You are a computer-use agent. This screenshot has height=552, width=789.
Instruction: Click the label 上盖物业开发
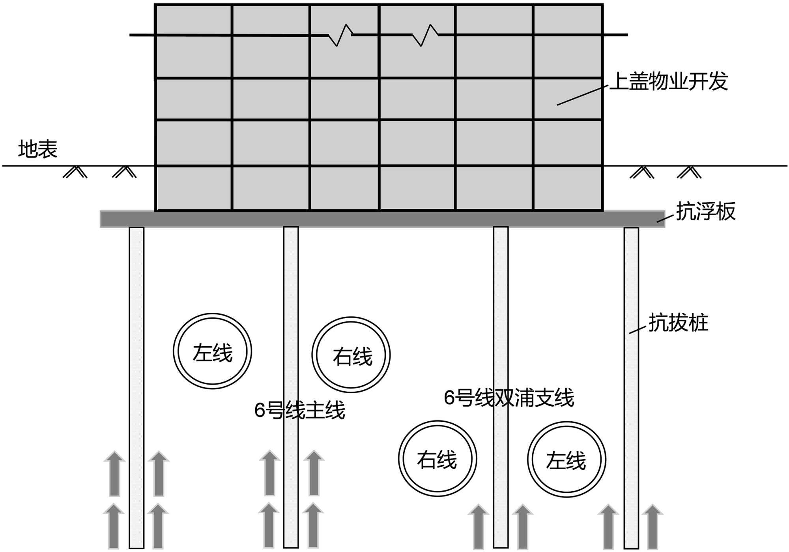[668, 82]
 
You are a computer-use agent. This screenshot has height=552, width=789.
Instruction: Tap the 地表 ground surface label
[38, 150]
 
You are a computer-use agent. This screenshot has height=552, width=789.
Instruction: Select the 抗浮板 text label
[706, 211]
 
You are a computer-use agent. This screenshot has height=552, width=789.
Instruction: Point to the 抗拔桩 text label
[679, 323]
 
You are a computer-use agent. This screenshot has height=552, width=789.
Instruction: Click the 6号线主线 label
[300, 410]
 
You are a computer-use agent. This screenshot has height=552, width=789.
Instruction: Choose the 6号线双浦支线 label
[509, 398]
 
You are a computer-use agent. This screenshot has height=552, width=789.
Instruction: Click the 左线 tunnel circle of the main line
[212, 351]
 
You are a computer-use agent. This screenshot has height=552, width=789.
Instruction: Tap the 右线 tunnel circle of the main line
[351, 355]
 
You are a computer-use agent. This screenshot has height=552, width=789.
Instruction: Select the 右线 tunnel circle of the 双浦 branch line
[438, 459]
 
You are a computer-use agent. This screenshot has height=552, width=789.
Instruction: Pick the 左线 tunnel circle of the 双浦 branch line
[567, 460]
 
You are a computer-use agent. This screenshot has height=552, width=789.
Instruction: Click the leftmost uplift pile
[136, 387]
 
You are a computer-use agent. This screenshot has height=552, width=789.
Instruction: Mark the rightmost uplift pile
[631, 387]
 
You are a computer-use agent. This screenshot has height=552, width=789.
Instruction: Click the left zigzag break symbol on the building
[340, 35]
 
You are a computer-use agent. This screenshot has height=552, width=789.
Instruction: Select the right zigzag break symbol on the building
[425, 35]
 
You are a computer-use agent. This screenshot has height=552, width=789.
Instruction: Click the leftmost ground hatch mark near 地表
[75, 172]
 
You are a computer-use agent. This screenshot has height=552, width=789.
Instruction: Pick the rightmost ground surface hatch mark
[689, 172]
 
